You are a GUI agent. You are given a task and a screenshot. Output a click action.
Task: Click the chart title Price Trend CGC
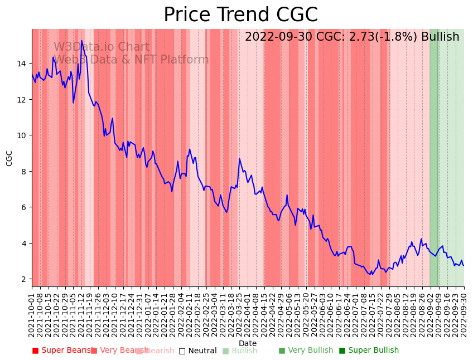[x=240, y=15]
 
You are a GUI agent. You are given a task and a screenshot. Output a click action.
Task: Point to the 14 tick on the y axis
[x=23, y=64]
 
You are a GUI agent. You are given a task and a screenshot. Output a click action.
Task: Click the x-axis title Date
[x=248, y=343]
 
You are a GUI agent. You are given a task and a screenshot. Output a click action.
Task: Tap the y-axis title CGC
[x=9, y=158]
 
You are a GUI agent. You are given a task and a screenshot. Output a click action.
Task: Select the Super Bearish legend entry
[x=62, y=351]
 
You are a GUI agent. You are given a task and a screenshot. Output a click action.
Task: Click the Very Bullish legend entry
[x=306, y=351]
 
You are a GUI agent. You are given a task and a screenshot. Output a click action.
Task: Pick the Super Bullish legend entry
[x=369, y=351]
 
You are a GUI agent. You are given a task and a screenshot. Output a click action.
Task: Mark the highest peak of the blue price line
[x=81, y=41]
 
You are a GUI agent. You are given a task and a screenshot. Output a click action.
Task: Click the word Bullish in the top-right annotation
[x=440, y=37]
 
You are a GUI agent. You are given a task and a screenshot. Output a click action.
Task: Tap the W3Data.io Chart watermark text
[x=102, y=47]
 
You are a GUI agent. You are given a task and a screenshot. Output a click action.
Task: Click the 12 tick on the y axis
[x=23, y=99]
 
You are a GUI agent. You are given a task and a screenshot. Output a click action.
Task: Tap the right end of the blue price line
[x=464, y=265]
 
